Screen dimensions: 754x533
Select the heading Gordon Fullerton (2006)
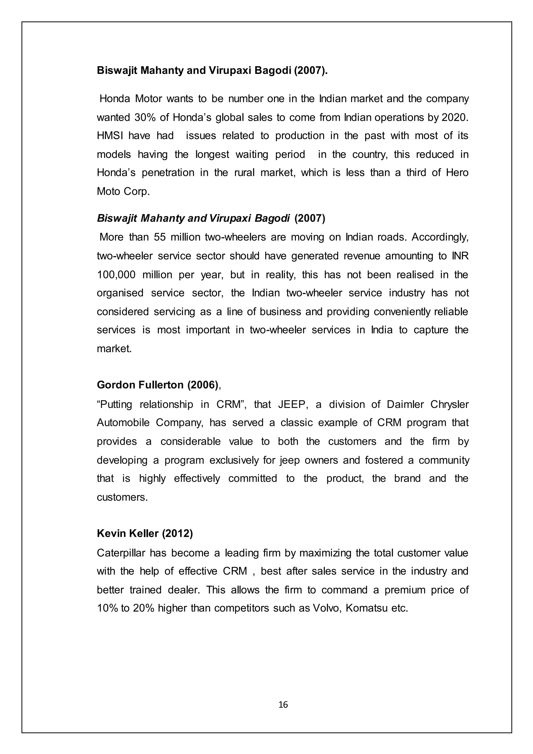coord(157,385)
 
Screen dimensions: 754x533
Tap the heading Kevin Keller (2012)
coord(145,534)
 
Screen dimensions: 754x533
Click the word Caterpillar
coord(121,553)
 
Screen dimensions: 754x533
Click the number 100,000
coord(116,274)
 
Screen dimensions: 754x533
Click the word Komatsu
coord(367,608)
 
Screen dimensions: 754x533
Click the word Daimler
coord(405,404)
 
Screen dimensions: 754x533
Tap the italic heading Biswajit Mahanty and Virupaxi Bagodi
coord(193,218)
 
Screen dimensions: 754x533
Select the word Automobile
coord(123,422)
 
